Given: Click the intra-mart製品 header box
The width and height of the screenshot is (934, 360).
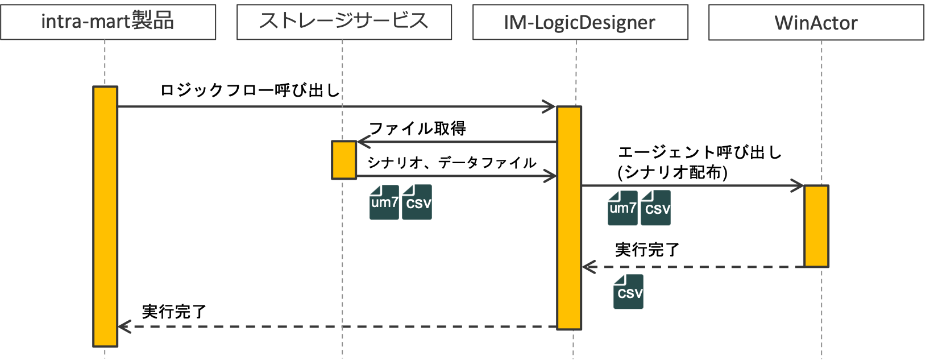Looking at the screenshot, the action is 108,22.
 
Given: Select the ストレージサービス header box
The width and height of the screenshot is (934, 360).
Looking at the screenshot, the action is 344,22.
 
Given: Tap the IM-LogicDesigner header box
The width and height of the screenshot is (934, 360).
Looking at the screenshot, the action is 580,22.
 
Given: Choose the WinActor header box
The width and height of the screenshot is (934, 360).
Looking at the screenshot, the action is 816,23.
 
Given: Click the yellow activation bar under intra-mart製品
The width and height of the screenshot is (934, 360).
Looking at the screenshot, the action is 105,216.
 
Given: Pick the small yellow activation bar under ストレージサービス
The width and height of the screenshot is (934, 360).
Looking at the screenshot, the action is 344,160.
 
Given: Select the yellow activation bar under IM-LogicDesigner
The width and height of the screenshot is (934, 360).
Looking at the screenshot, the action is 569,218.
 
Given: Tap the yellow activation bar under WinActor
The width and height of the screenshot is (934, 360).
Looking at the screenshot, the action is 816,226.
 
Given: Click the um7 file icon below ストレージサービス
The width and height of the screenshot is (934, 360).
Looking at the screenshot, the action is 384,202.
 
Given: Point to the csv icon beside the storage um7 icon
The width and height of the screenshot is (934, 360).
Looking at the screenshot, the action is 417,202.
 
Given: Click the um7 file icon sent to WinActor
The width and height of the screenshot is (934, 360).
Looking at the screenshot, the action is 622,208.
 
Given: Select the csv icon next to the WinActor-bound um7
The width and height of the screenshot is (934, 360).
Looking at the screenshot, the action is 655,208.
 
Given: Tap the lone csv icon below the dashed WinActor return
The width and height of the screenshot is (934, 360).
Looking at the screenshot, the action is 628,292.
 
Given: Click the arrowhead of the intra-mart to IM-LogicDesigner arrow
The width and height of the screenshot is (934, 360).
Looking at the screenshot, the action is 550,106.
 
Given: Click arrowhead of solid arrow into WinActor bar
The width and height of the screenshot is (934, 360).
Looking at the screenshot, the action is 798,185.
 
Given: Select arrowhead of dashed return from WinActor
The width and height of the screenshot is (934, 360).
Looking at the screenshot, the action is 588,267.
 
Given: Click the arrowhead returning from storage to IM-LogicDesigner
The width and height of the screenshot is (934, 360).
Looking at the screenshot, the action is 550,176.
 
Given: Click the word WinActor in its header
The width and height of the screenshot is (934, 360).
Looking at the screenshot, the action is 816,23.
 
